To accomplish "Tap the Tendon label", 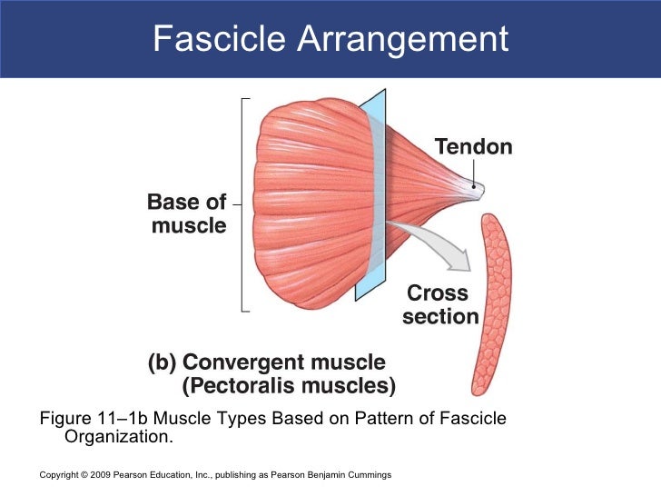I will tap(473, 146).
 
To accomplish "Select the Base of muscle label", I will tap(188, 215).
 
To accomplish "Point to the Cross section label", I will tap(439, 305).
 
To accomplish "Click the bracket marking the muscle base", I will tap(243, 203).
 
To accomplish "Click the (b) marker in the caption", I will tap(163, 362).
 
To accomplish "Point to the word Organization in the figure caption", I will tap(118, 437).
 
